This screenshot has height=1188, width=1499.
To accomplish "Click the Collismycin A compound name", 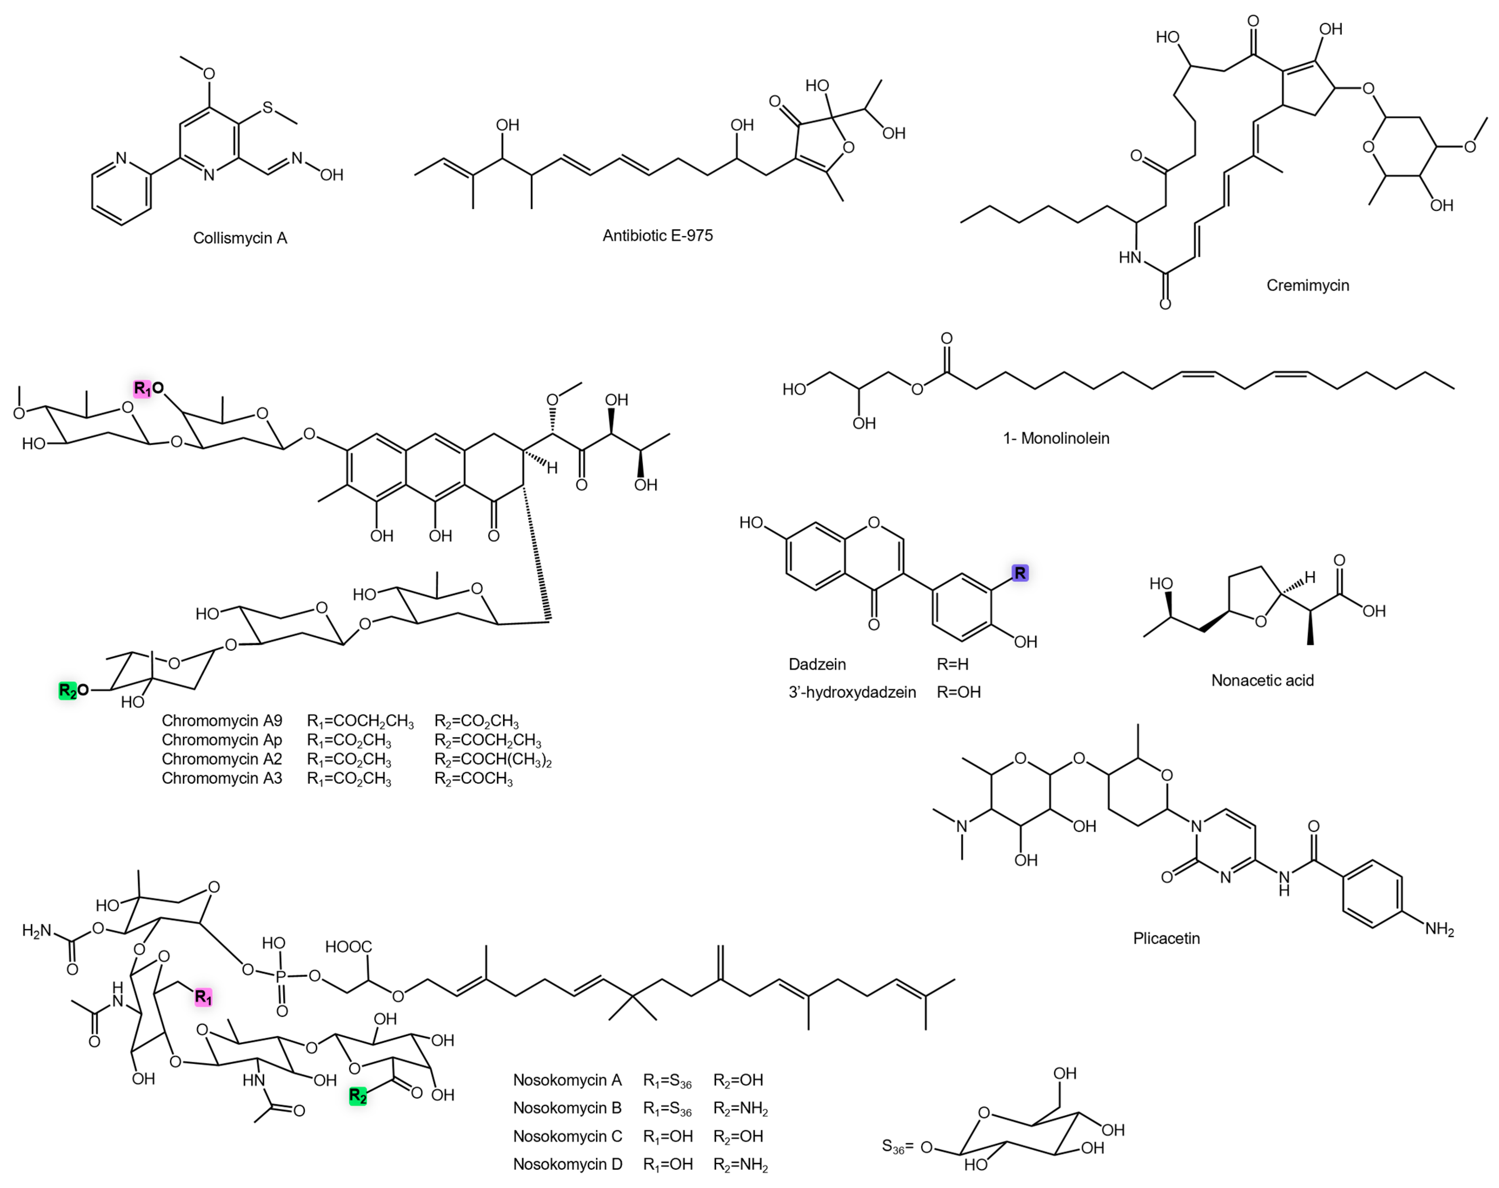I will tap(240, 238).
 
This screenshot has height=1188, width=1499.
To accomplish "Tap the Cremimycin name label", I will tap(1307, 285).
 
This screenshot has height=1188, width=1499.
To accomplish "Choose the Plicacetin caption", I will tap(1166, 938).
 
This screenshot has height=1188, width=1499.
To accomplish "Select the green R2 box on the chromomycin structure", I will tap(68, 690).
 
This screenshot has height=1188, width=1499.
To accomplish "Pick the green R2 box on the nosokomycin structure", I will tap(358, 1096).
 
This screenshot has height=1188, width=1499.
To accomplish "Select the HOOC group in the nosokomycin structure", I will tap(348, 947).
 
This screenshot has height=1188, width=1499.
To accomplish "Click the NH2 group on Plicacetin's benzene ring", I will tap(1439, 930).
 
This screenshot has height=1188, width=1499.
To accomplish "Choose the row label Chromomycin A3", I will tap(222, 779).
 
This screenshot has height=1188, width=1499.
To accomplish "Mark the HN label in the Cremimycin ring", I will tap(1131, 258).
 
